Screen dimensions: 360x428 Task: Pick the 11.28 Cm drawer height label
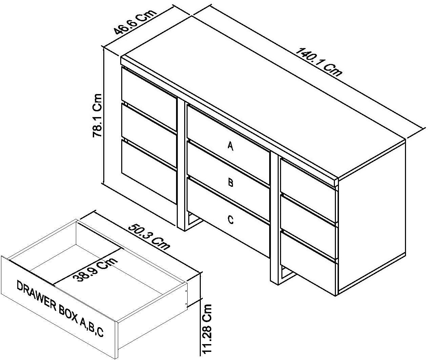(x=208, y=329)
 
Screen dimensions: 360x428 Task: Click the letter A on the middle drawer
(x=230, y=146)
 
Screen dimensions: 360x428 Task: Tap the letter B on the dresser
(x=230, y=183)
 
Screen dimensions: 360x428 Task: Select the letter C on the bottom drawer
(x=230, y=220)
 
